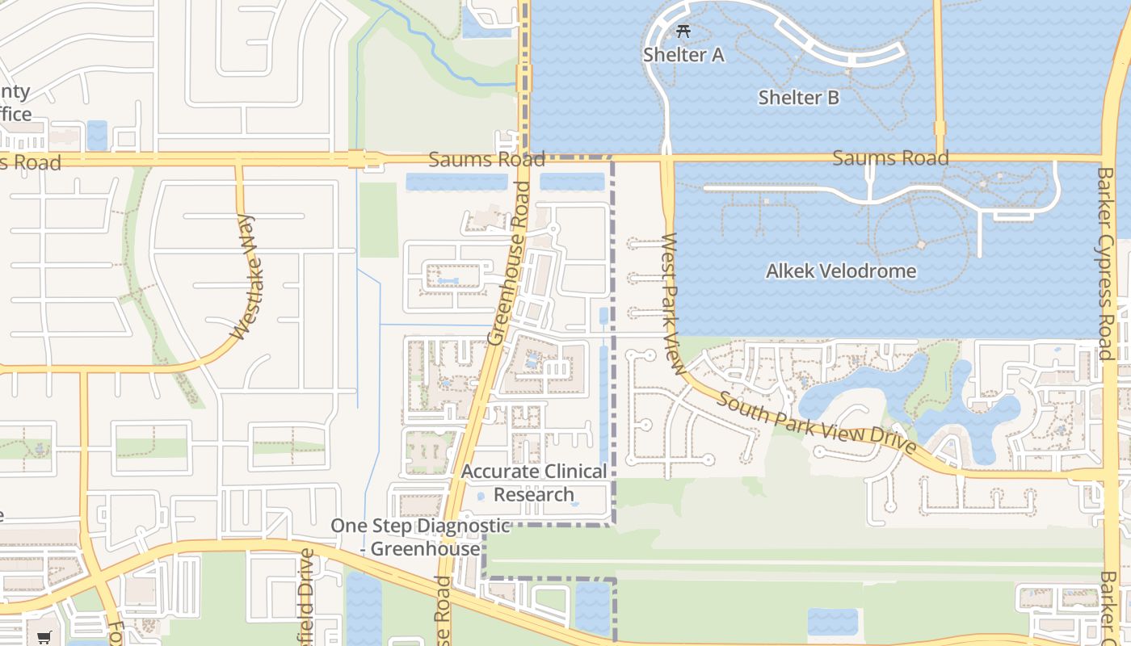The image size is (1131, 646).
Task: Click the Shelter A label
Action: coord(683,55)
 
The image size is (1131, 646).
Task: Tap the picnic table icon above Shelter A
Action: coord(683,31)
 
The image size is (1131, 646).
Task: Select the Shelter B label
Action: coord(798,98)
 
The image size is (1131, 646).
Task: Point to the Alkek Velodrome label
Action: coord(841,271)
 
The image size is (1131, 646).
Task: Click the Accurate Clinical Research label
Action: coord(534,482)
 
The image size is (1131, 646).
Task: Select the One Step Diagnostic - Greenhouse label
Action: coord(420,537)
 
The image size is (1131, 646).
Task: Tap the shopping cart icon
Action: coord(44,637)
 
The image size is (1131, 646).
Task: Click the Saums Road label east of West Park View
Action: coord(890,157)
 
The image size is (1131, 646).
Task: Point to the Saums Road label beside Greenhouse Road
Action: coord(486,159)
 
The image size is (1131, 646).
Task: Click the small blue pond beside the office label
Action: coord(97,135)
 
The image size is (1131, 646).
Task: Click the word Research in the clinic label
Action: coord(534,494)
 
